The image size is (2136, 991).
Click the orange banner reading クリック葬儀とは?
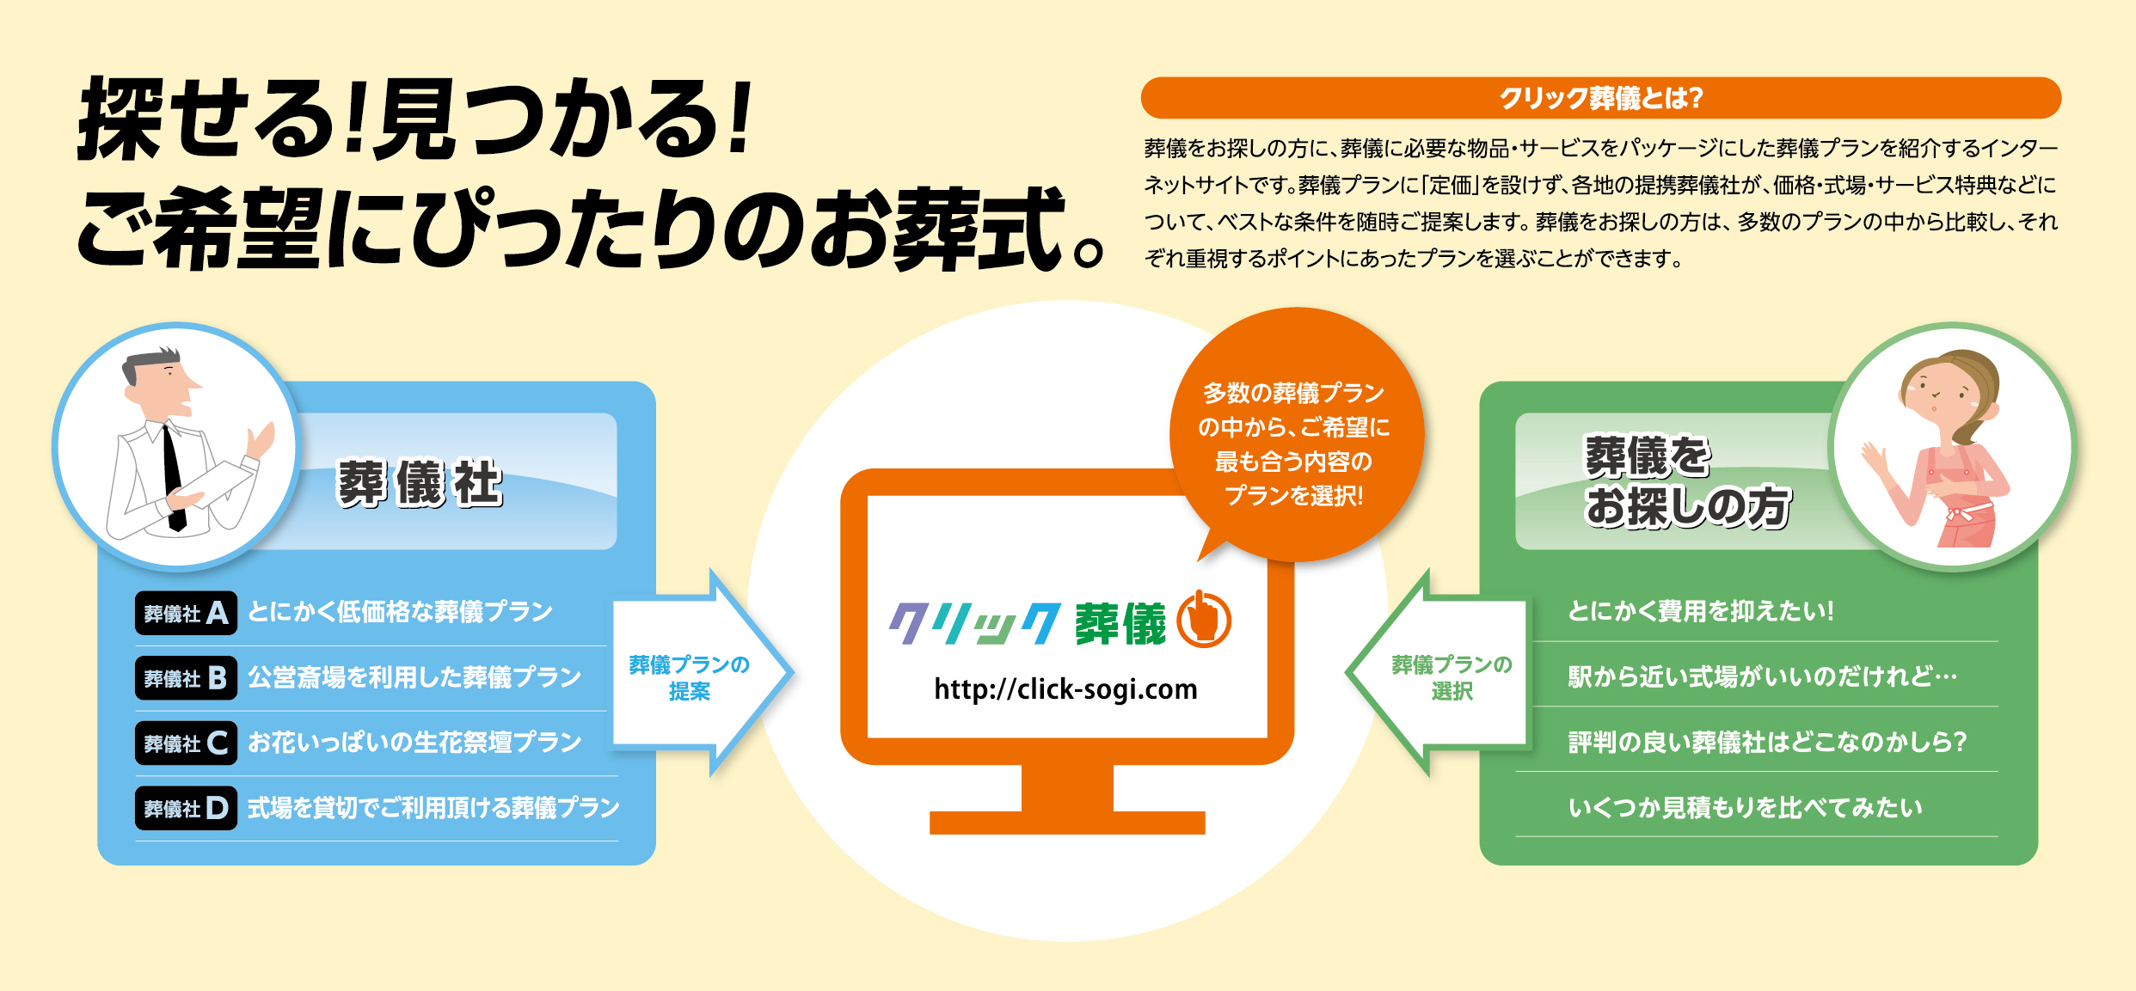pos(1600,98)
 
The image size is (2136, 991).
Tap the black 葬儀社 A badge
pos(186,613)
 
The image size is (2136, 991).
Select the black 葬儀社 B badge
pos(186,678)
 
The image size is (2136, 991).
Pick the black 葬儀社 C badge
pos(186,743)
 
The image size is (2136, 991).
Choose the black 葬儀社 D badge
pos(186,808)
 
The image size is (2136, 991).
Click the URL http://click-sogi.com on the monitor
pos(1065,689)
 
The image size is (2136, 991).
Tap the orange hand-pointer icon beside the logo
pos(1204,620)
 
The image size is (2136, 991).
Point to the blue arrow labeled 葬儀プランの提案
pos(701,673)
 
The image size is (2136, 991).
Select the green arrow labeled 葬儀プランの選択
pos(1437,673)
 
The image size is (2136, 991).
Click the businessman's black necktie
pos(174,477)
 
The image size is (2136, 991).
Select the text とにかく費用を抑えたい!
pos(1700,611)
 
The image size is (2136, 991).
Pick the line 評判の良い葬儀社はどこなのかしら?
pos(1767,742)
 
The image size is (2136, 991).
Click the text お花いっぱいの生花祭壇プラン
pos(414,743)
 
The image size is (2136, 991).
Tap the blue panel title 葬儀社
pos(419,483)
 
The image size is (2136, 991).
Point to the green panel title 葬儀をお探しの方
pos(1687,481)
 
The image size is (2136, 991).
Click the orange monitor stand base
pos(1067,823)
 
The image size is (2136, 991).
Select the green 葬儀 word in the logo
pos(1120,624)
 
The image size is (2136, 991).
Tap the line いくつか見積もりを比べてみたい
pos(1745,808)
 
